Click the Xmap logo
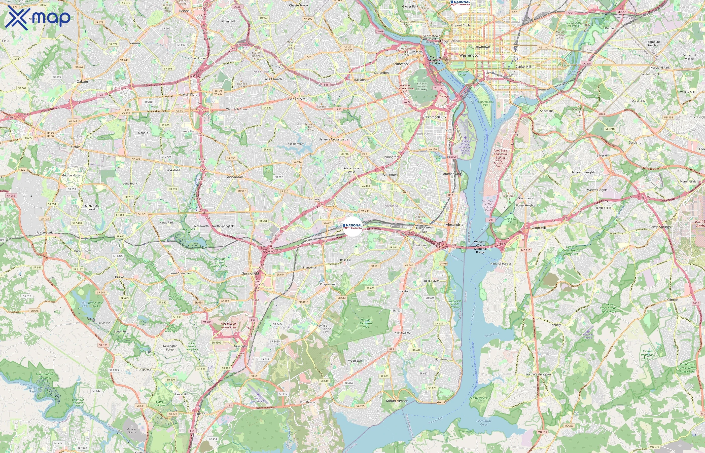point(38,18)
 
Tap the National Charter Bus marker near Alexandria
point(353,226)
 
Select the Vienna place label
point(134,43)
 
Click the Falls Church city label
point(272,79)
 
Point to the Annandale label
point(235,177)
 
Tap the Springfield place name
point(250,273)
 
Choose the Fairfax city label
point(74,147)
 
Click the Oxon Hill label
point(539,228)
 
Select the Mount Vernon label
point(397,401)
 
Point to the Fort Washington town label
point(538,374)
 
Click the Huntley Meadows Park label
point(366,323)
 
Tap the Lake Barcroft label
point(295,144)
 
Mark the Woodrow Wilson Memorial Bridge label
point(480,247)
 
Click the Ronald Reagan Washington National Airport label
point(465,147)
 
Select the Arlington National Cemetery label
point(422,86)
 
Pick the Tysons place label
point(184,11)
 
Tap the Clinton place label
point(673,299)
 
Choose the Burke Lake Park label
point(95,304)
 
